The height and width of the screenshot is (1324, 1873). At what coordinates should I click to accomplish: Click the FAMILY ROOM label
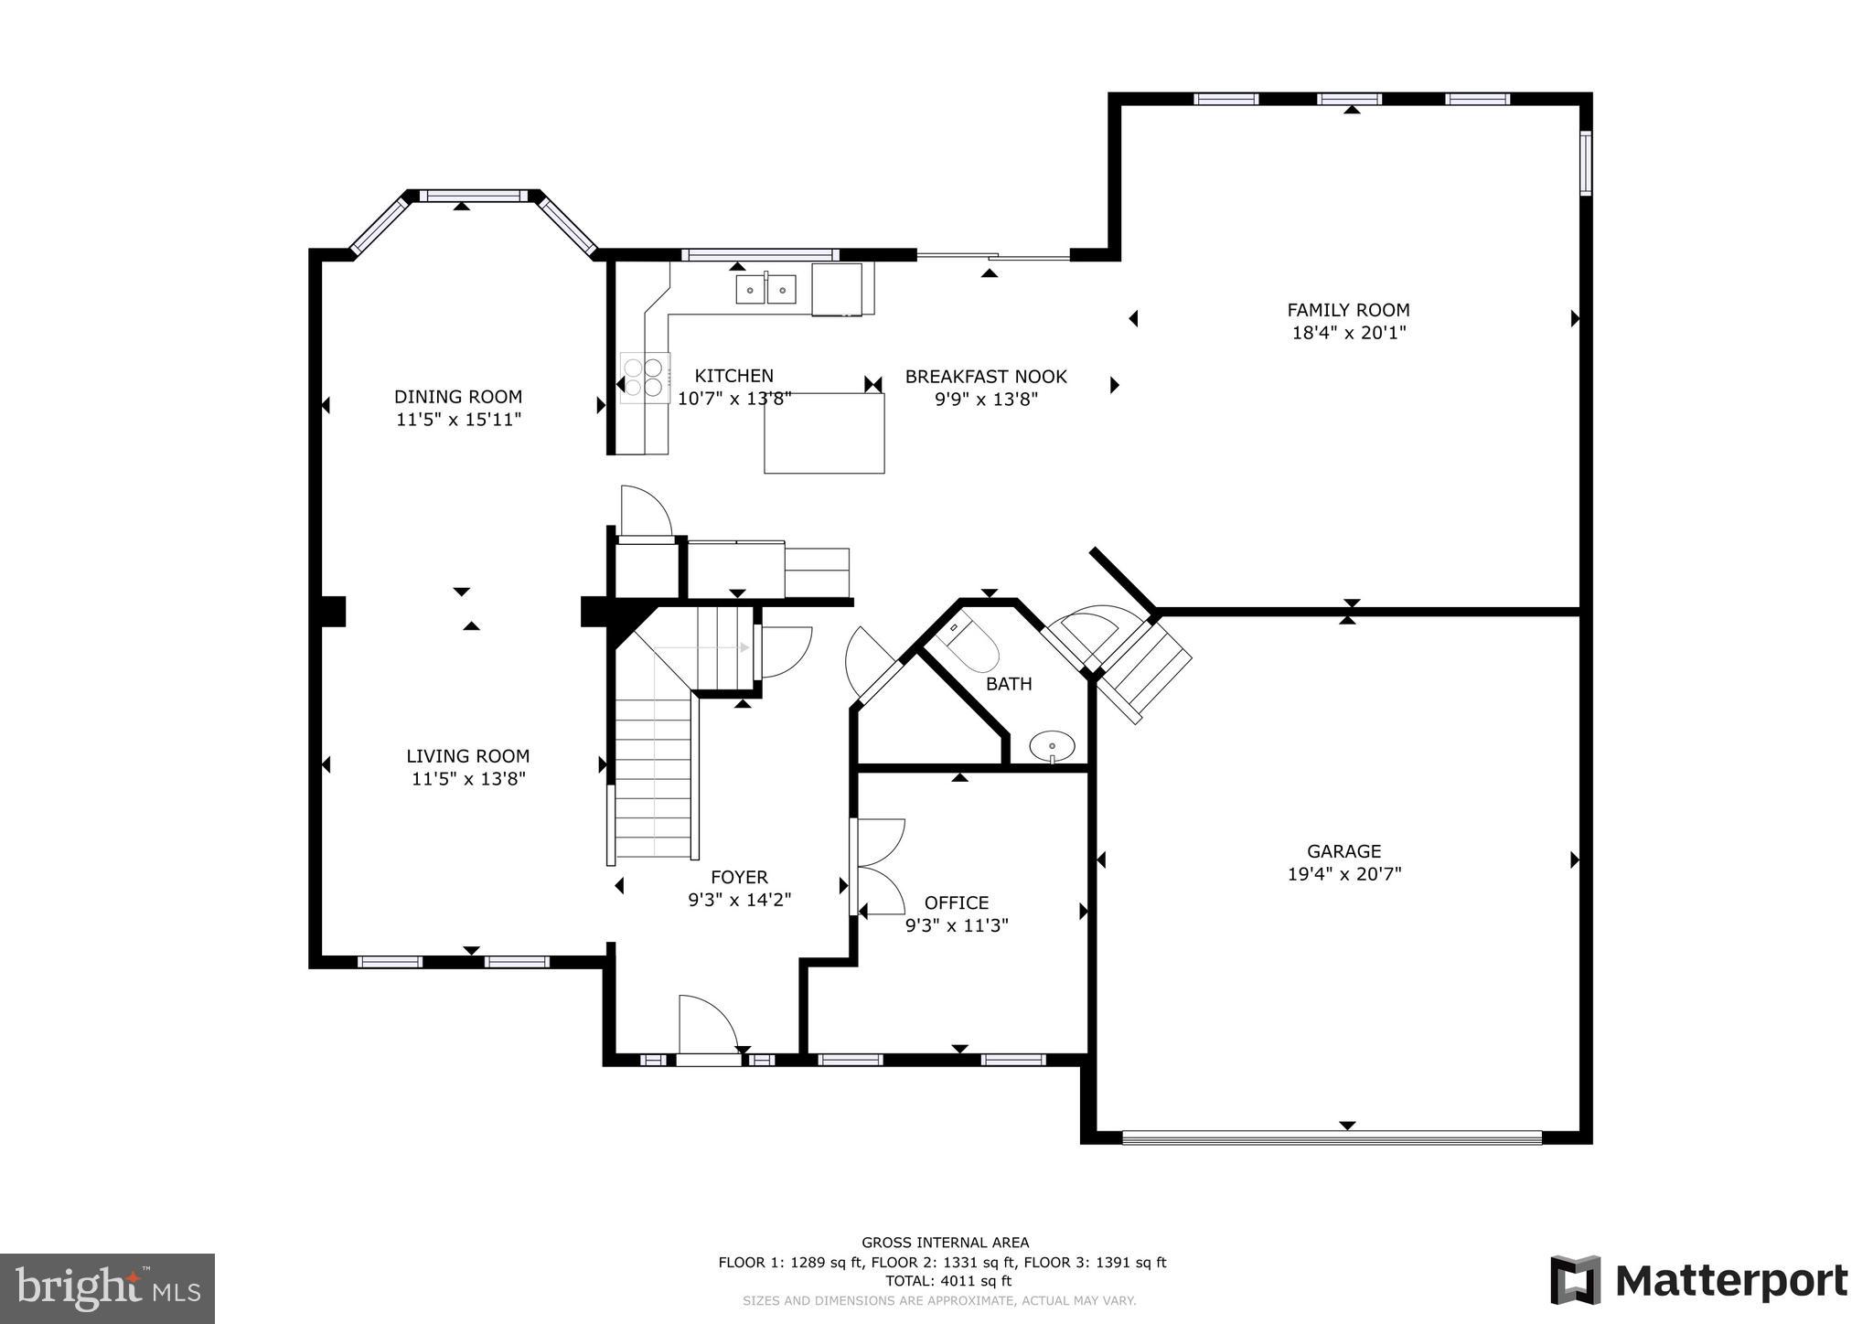pos(1348,310)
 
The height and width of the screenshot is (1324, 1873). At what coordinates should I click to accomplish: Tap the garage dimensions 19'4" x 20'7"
pos(1343,874)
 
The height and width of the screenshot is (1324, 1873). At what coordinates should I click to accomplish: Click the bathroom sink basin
pos(1052,745)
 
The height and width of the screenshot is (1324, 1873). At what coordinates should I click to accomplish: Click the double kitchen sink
pos(766,290)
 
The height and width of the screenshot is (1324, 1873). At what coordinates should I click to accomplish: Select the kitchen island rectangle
pos(824,433)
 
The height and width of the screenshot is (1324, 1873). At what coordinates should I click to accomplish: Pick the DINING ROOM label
pos(458,397)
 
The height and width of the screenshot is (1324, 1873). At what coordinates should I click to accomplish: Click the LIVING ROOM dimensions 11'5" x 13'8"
pos(468,779)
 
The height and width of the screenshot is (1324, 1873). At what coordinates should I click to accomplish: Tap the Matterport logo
pos(1698,1280)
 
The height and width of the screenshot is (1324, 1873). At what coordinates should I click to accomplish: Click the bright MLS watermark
pos(107,1288)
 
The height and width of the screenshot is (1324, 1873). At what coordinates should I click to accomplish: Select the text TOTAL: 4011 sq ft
pos(945,1281)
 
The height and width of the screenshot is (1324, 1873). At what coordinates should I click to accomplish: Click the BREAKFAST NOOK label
pos(986,377)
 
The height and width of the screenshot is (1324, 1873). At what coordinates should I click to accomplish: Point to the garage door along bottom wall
pos(1331,1138)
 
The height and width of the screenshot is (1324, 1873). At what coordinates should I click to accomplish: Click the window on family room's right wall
pos(1586,163)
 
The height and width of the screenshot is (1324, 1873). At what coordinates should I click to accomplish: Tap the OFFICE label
pos(957,902)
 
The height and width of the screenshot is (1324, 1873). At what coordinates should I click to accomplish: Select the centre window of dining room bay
pos(474,195)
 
